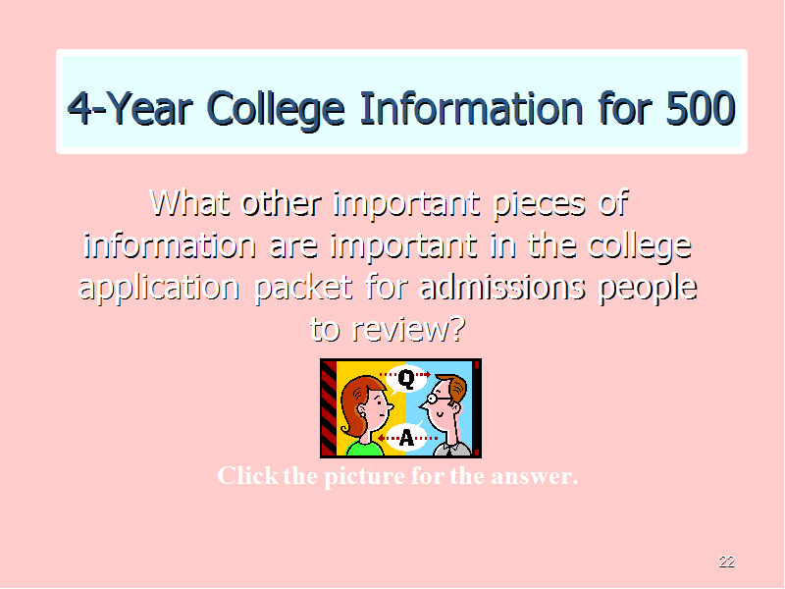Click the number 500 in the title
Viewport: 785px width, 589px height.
(x=701, y=109)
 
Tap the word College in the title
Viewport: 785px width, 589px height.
(x=276, y=110)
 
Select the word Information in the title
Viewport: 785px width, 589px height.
(x=472, y=109)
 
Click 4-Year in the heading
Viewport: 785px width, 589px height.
(x=131, y=109)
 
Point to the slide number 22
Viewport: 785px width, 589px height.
(x=727, y=562)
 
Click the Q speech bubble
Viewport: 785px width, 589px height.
(x=406, y=379)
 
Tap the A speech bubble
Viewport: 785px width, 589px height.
(x=406, y=437)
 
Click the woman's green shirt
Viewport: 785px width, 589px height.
(x=363, y=449)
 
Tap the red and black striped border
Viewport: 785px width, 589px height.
(x=329, y=408)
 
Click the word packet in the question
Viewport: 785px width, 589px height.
(x=304, y=289)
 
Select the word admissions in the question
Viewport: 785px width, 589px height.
(x=502, y=288)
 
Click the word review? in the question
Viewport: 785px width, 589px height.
(x=408, y=330)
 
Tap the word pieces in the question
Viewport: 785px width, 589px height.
(x=539, y=205)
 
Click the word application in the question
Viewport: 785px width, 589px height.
(x=159, y=289)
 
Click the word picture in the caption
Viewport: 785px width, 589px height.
(x=364, y=476)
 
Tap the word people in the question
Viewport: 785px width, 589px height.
(x=649, y=289)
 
